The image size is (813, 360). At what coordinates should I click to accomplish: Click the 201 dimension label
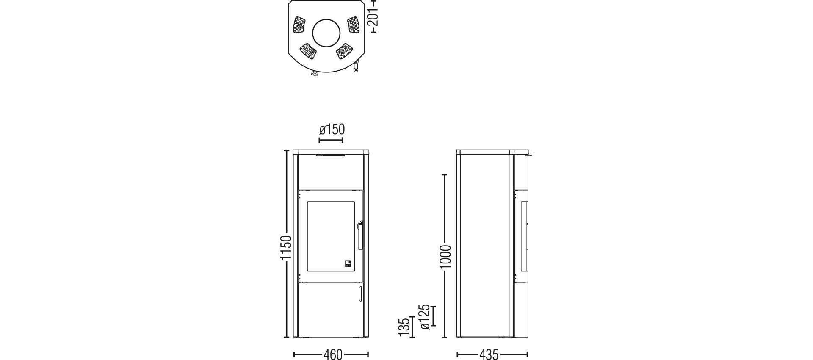373,17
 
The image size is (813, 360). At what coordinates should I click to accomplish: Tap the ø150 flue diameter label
332,129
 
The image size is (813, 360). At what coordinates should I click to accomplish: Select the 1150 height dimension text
286,248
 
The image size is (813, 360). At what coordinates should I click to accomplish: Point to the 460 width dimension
333,354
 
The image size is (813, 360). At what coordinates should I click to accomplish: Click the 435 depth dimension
489,354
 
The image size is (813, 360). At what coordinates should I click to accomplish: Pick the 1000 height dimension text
445,257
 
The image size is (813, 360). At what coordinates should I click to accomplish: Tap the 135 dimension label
405,327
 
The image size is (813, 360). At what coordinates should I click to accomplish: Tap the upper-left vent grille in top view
299,25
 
